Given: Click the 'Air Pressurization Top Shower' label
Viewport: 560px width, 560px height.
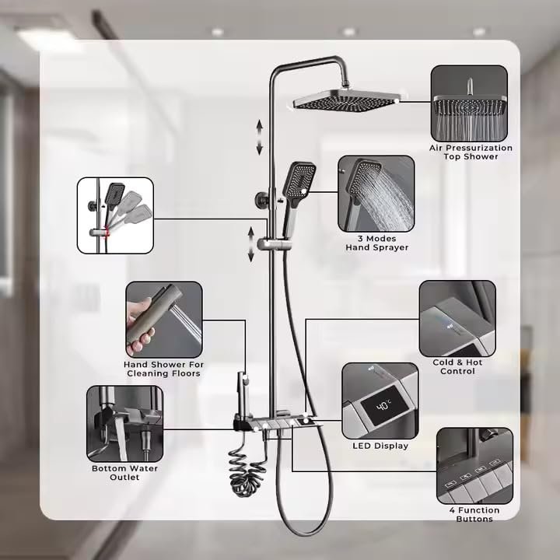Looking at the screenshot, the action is (471, 152).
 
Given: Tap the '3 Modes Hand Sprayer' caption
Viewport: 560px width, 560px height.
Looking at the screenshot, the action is (376, 243).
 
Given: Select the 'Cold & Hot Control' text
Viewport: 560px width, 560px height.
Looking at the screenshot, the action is (457, 367).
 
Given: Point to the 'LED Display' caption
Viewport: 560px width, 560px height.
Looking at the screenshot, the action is (380, 446).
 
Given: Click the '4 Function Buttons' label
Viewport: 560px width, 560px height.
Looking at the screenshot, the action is (474, 514).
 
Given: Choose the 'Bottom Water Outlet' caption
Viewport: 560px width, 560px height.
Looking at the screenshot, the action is (124, 473).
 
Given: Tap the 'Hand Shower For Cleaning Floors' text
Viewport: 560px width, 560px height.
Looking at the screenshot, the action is (163, 369).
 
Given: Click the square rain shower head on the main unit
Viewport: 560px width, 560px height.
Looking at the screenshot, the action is (347, 100).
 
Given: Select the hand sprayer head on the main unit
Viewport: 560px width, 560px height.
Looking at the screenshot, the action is (299, 180).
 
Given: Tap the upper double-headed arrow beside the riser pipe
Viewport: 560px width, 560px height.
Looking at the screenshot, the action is (259, 138).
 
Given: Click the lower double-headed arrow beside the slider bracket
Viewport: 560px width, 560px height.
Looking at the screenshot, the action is (251, 245).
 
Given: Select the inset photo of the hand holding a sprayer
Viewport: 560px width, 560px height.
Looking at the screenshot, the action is (164, 320).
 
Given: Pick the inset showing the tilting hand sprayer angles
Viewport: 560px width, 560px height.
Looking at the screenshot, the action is (115, 215).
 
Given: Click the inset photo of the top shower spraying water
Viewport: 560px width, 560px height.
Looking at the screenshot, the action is (469, 103).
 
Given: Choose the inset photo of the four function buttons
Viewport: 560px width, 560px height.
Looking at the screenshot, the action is (474, 466).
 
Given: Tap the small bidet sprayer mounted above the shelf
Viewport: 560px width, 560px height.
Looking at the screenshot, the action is (243, 393).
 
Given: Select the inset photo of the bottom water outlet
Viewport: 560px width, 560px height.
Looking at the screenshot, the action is (124, 424).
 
